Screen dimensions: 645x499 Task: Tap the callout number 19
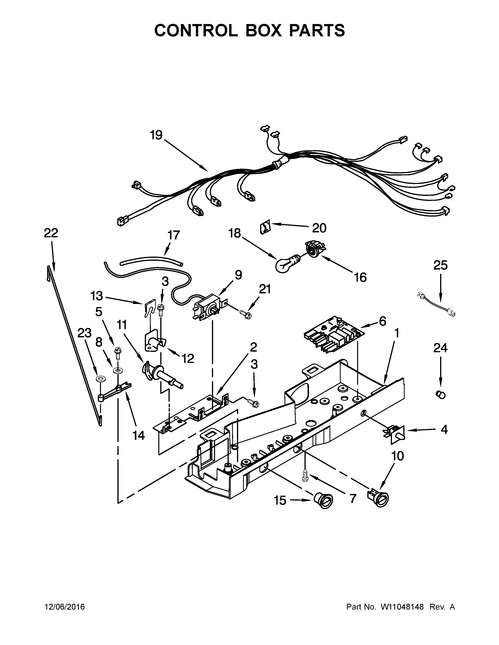(156, 135)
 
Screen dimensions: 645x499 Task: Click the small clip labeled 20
(265, 228)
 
